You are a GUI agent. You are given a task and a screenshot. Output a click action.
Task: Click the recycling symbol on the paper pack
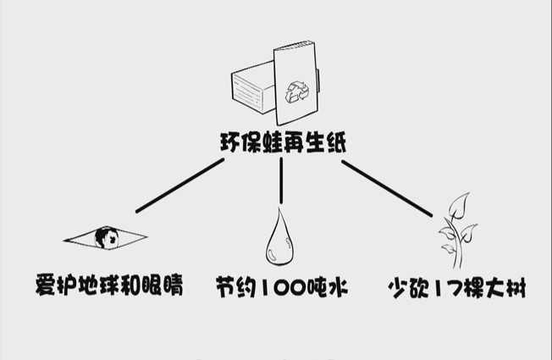(x=298, y=91)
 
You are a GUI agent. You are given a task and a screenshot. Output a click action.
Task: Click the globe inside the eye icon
(x=107, y=237)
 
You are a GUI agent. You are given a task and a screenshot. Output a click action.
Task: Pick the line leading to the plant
(x=385, y=186)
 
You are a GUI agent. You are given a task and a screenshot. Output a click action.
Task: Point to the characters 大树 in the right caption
(x=506, y=286)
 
